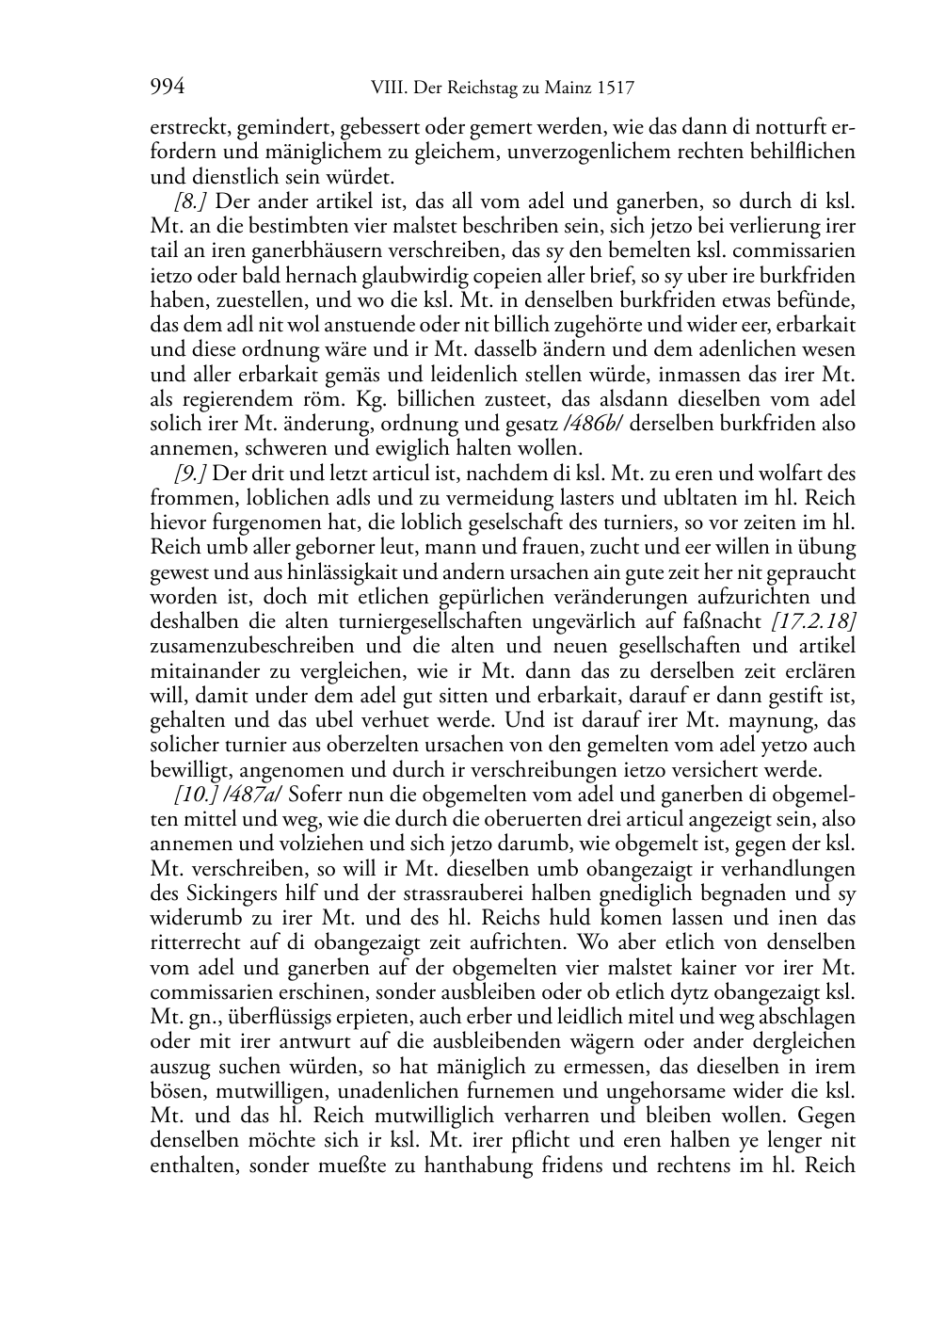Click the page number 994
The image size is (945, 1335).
point(167,88)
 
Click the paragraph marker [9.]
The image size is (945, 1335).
point(190,473)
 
